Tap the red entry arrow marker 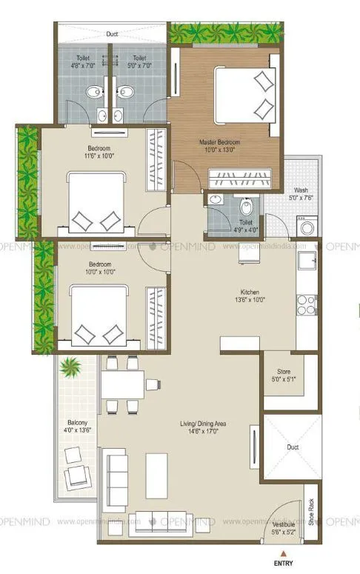(281, 553)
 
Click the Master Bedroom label (220, 141)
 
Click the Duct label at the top (112, 33)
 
